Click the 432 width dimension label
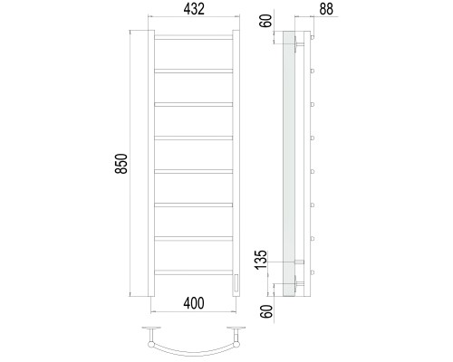tap(194, 9)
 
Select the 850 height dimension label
tap(122, 164)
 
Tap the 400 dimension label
tap(194, 303)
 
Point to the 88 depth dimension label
tap(326, 9)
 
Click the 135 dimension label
tap(261, 260)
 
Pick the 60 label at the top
tap(265, 21)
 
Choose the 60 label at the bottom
tap(266, 311)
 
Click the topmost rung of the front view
tap(194, 37)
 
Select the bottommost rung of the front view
tap(194, 272)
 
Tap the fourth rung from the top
tap(194, 138)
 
